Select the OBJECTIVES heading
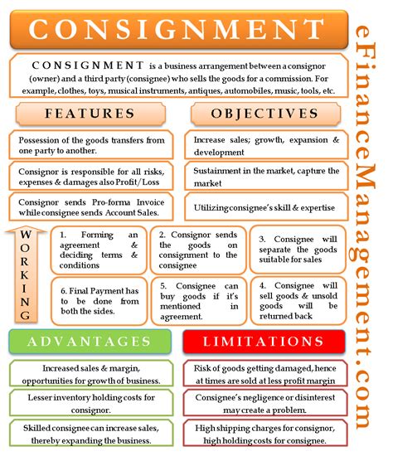click(x=264, y=113)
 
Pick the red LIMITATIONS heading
click(x=264, y=342)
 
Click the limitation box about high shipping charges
click(x=264, y=434)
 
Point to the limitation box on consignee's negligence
click(x=264, y=403)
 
